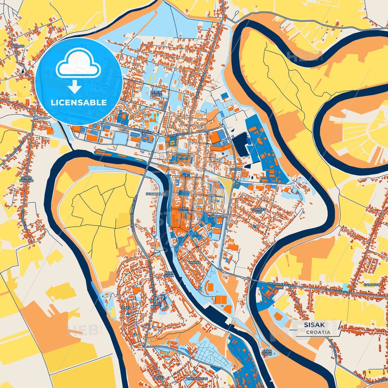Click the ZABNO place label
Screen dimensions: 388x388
[19, 46]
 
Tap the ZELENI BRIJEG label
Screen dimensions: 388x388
[156, 93]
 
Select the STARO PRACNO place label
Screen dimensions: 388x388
[26, 179]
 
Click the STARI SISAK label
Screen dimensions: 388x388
[184, 210]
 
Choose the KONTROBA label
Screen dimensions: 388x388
[217, 216]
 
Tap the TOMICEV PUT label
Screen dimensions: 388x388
[259, 211]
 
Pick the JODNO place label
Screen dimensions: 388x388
[235, 169]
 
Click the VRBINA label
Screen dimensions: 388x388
[194, 262]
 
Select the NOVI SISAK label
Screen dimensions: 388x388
[169, 274]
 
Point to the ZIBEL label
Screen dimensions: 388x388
[126, 308]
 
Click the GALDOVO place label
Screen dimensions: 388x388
[372, 285]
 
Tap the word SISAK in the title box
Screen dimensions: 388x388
[314, 325]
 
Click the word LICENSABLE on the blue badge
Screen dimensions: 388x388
[79, 102]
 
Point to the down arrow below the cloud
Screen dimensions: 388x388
[75, 87]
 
